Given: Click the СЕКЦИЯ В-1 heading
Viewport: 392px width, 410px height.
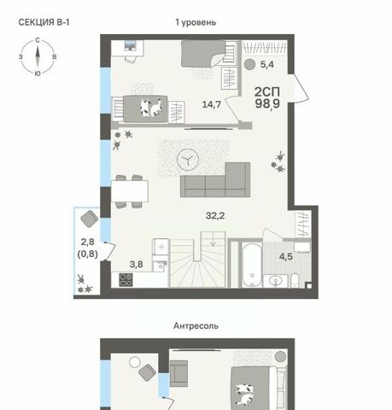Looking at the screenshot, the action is pyautogui.click(x=44, y=22).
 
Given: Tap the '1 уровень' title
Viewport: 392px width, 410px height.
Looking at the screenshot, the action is pyautogui.click(x=196, y=22).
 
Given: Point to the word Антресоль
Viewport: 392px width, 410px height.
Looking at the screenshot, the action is pyautogui.click(x=196, y=325).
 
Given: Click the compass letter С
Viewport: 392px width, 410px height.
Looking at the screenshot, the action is pyautogui.click(x=38, y=40).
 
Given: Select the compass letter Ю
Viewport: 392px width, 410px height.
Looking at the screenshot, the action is pyautogui.click(x=38, y=73).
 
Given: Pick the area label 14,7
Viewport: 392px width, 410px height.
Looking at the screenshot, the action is pyautogui.click(x=212, y=104).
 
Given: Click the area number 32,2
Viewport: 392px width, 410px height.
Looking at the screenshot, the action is pyautogui.click(x=215, y=215).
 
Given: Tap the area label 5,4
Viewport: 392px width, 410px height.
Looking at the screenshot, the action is pyautogui.click(x=267, y=65).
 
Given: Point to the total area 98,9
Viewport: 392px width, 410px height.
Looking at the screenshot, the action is pyautogui.click(x=267, y=103).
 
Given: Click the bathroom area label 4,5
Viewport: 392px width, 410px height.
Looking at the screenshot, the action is pyautogui.click(x=286, y=256).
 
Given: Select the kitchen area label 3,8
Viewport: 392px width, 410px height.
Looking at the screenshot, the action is pyautogui.click(x=137, y=265).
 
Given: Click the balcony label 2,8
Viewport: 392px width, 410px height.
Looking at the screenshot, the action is pyautogui.click(x=88, y=242).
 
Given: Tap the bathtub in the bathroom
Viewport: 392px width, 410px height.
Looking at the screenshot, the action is pyautogui.click(x=252, y=265).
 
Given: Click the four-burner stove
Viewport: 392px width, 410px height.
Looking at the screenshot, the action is pyautogui.click(x=126, y=279).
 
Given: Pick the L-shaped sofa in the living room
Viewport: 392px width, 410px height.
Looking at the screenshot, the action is pyautogui.click(x=215, y=180).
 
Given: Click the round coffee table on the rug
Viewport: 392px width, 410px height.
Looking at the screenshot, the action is pyautogui.click(x=188, y=160).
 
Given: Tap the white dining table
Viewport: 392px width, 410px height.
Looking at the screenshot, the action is pyautogui.click(x=130, y=191).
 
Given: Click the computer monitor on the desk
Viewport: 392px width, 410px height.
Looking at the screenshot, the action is pyautogui.click(x=130, y=45).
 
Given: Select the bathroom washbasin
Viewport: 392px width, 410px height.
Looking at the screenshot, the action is pyautogui.click(x=276, y=281).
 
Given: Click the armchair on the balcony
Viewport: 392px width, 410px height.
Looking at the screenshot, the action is pyautogui.click(x=90, y=219).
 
